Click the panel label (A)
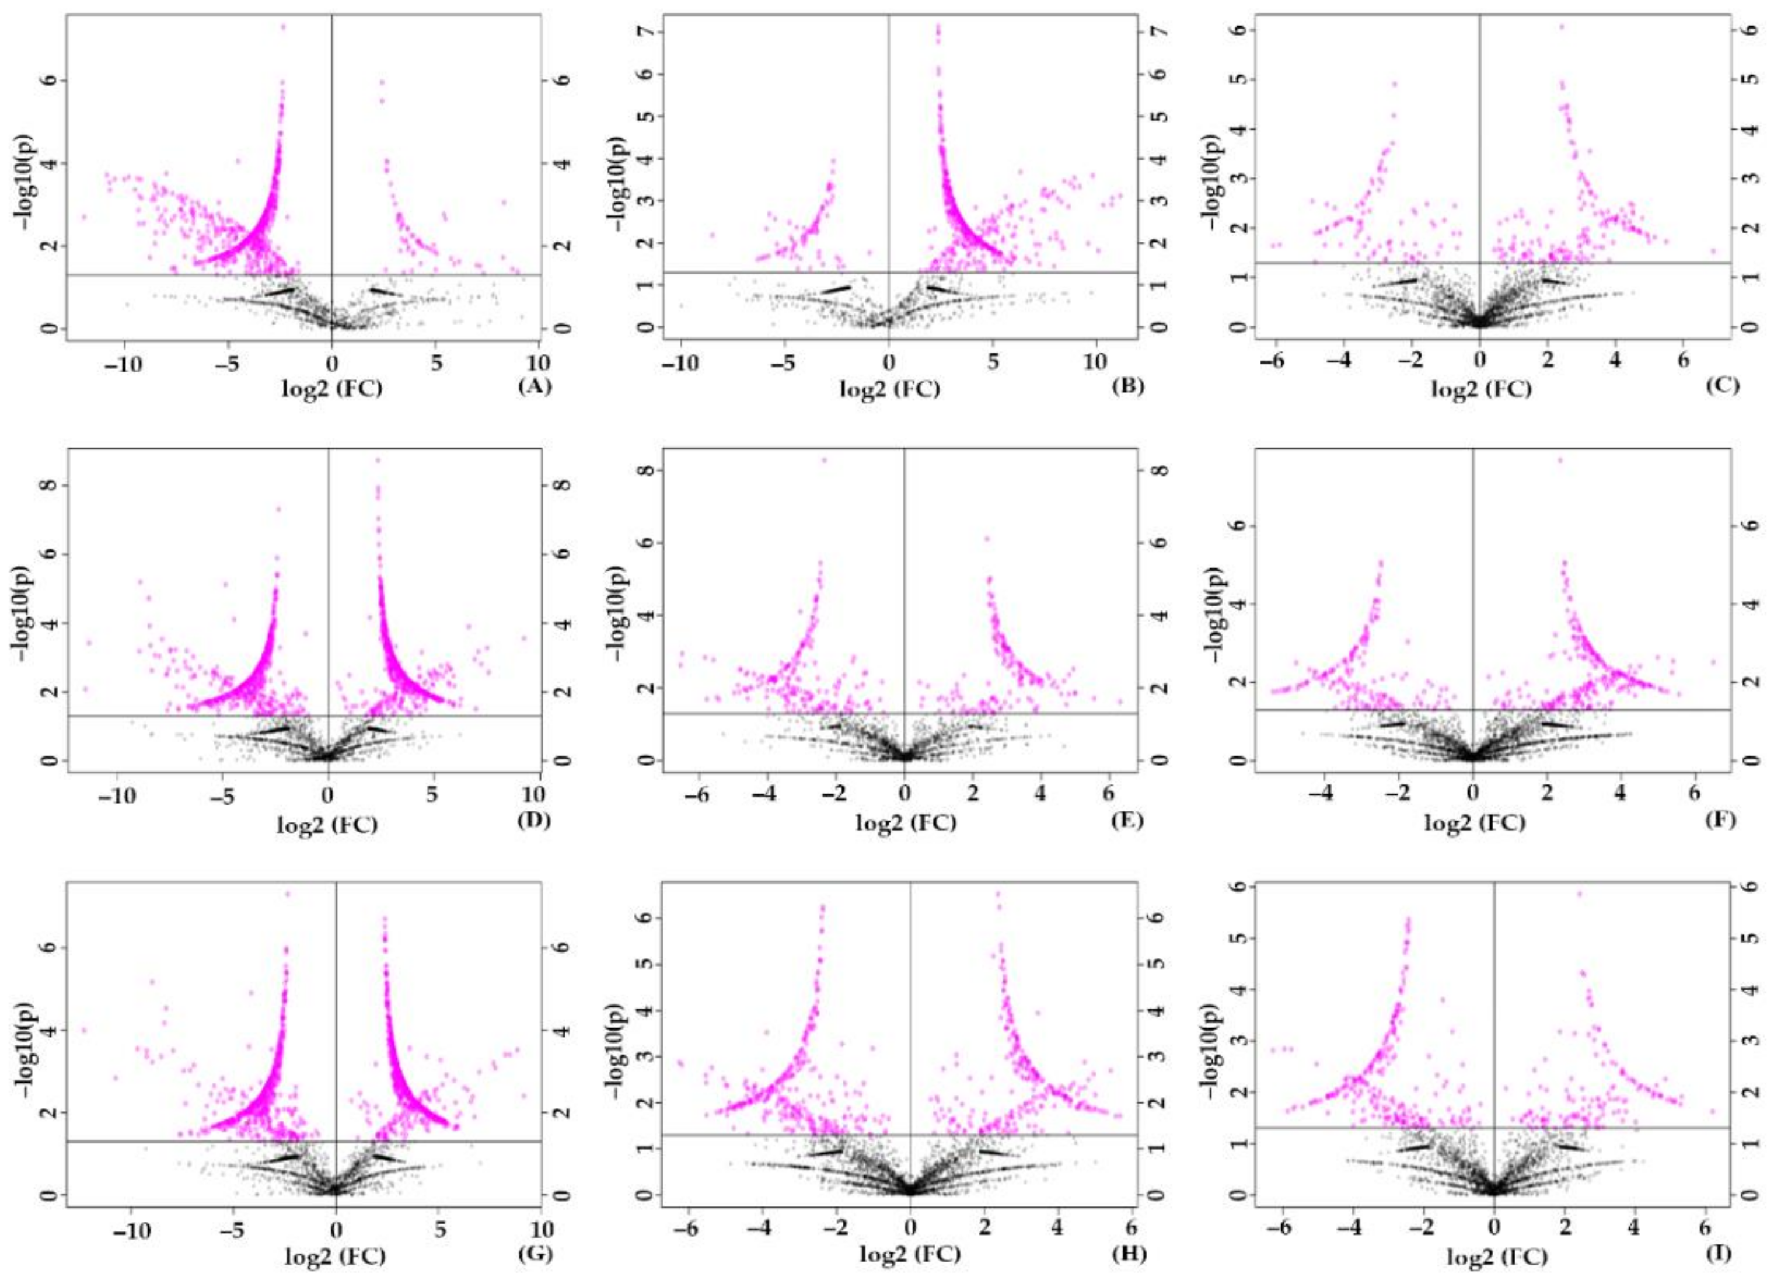click(x=535, y=386)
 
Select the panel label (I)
click(x=1717, y=1252)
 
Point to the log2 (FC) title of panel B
click(x=890, y=388)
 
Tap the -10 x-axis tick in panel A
click(x=124, y=365)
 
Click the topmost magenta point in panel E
click(x=823, y=460)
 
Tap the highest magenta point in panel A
click(x=283, y=27)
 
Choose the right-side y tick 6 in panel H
click(x=1158, y=917)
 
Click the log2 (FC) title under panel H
click(x=910, y=1254)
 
